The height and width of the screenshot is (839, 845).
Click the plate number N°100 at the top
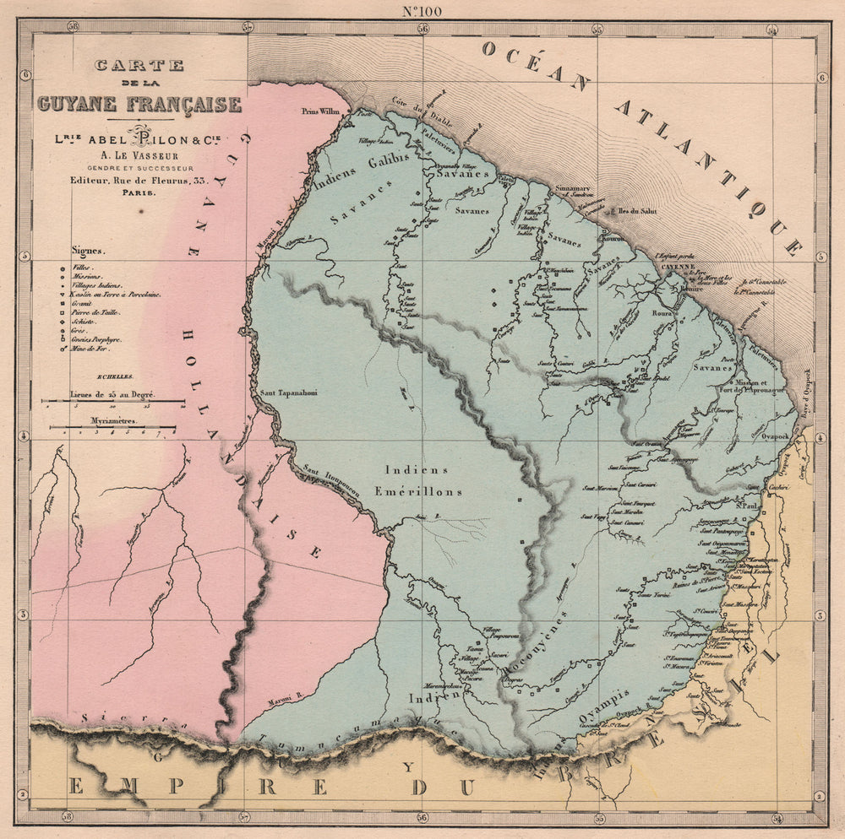pyautogui.click(x=423, y=10)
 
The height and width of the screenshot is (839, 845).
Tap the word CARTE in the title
pyautogui.click(x=139, y=64)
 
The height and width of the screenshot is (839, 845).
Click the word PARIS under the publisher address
pyautogui.click(x=139, y=192)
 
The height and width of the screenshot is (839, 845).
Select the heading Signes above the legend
pyautogui.click(x=90, y=251)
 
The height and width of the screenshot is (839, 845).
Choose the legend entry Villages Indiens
pyautogui.click(x=100, y=286)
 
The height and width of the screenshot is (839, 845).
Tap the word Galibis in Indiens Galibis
pyautogui.click(x=390, y=160)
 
